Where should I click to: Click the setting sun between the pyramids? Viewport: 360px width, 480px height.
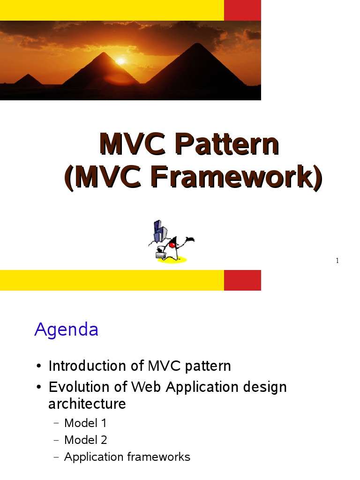tap(121, 61)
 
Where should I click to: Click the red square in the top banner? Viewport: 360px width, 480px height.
tap(242, 10)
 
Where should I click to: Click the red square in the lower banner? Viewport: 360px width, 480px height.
tap(242, 280)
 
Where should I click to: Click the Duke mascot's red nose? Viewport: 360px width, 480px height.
tap(172, 245)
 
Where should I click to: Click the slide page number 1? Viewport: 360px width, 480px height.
tap(337, 261)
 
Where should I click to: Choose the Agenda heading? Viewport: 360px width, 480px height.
tap(66, 330)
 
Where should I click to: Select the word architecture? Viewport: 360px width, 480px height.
tap(87, 404)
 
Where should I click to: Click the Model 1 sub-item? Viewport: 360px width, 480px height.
tap(85, 423)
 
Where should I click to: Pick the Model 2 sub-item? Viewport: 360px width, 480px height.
tap(85, 440)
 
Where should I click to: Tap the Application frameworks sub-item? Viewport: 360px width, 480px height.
tap(127, 457)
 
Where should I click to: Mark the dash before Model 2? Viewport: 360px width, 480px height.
tap(56, 440)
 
